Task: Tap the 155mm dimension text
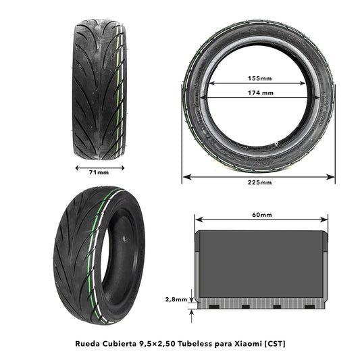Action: coord(259,78)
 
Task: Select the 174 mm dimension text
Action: coord(259,93)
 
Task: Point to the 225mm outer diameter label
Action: coord(259,183)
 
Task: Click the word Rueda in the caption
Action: coord(89,344)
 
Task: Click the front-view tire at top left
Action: coord(99,89)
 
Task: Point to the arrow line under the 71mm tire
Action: coord(99,166)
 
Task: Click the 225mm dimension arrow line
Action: coord(259,176)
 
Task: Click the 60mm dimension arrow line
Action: coord(261,220)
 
